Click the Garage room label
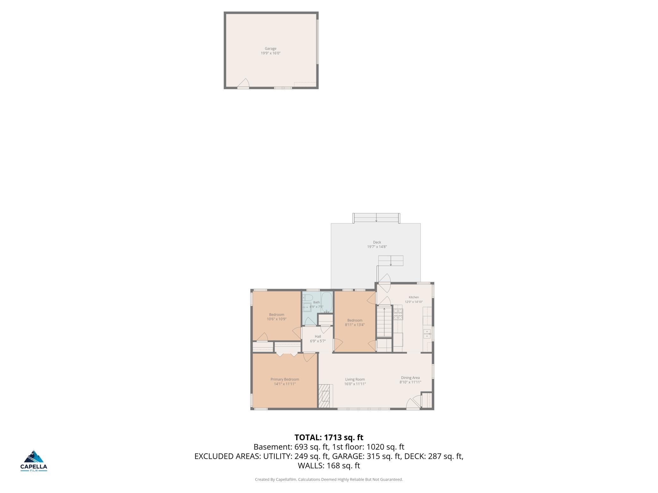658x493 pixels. (x=270, y=49)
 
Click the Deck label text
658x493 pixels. (x=377, y=242)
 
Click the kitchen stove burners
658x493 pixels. (x=398, y=314)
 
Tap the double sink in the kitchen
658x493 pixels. (x=427, y=333)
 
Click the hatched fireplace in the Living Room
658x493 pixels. (x=324, y=396)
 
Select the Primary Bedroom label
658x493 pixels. (x=285, y=379)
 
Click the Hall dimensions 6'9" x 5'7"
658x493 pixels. (x=318, y=341)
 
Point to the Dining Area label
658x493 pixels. (x=410, y=378)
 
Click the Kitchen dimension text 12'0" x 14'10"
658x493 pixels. (x=414, y=302)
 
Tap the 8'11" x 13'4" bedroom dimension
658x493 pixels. (x=355, y=325)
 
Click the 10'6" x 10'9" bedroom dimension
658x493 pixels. (x=276, y=319)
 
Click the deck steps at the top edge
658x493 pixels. (x=376, y=218)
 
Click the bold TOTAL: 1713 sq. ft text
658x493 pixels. (x=329, y=437)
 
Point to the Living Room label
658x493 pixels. (x=355, y=379)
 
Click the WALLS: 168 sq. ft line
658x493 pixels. (x=329, y=466)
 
